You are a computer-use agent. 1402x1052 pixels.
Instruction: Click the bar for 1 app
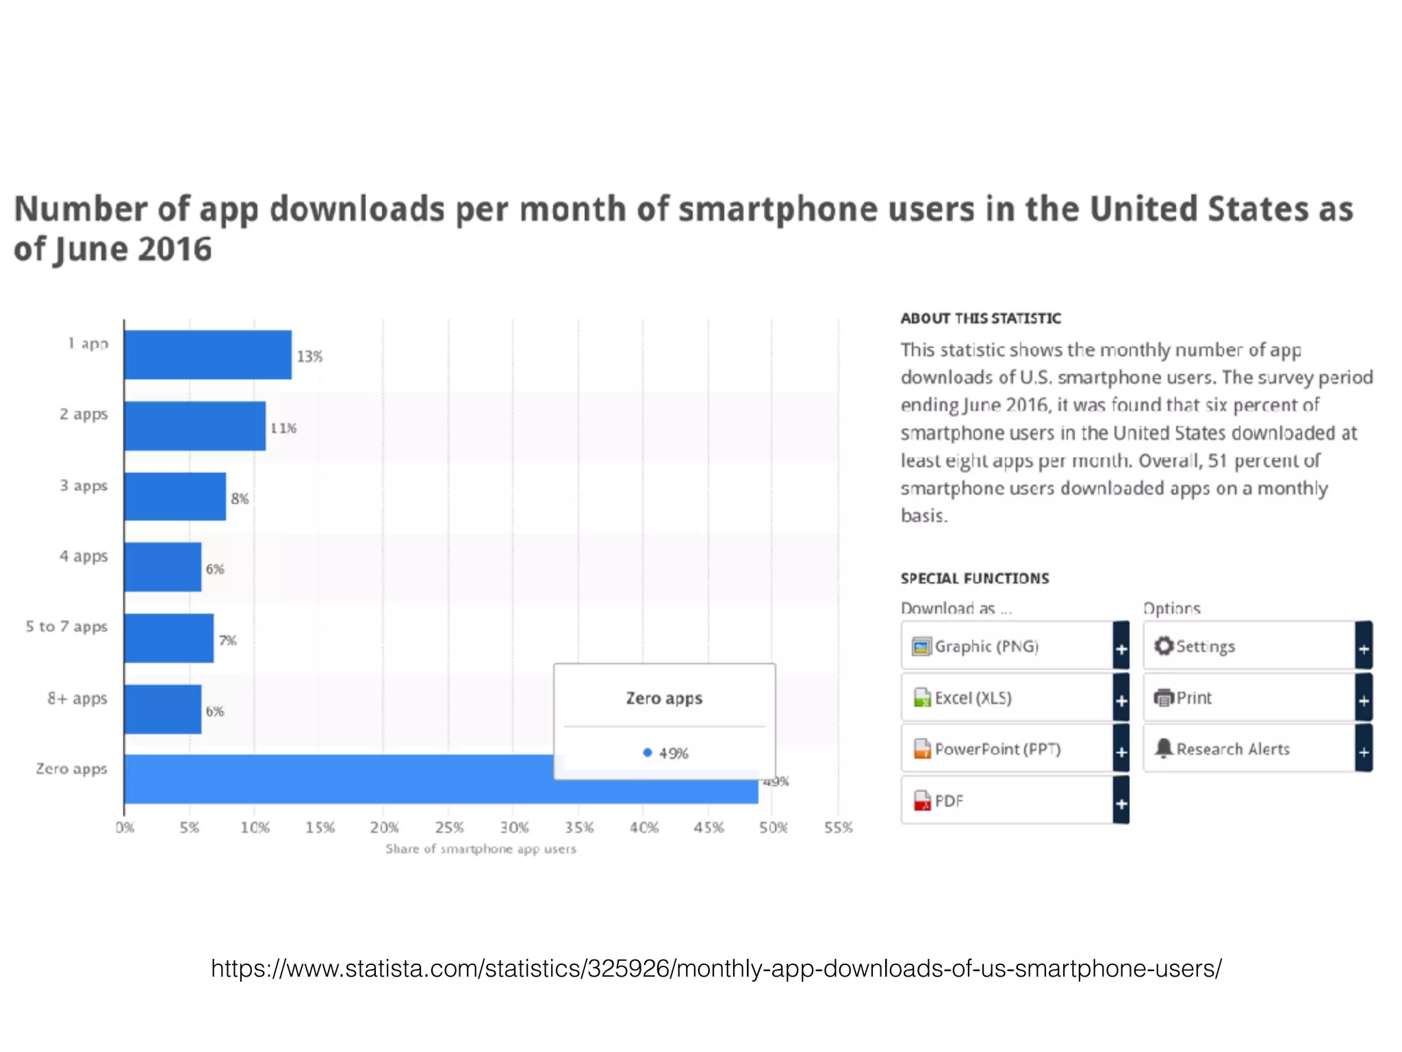[x=207, y=355]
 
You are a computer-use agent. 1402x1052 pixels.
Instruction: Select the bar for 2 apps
[x=194, y=426]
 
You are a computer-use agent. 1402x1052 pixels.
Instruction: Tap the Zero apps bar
[x=342, y=779]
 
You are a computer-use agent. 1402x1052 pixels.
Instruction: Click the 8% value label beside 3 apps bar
[x=240, y=499]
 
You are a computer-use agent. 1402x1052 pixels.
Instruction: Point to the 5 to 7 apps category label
[x=67, y=627]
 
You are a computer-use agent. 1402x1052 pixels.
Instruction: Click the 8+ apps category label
[x=77, y=699]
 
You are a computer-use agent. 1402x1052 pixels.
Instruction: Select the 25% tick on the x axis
[x=449, y=827]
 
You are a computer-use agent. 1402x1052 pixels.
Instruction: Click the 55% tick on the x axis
[x=839, y=827]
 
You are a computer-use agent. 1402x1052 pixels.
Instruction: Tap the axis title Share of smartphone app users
[x=481, y=849]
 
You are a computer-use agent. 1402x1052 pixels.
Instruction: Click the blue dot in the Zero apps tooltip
[x=647, y=753]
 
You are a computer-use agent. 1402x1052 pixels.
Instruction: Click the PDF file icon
[x=922, y=801]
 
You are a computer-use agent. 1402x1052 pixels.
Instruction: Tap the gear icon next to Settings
[x=1164, y=646]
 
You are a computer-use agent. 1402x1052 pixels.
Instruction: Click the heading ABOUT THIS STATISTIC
[x=980, y=318]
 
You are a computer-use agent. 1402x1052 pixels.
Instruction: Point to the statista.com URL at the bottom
[x=716, y=968]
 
